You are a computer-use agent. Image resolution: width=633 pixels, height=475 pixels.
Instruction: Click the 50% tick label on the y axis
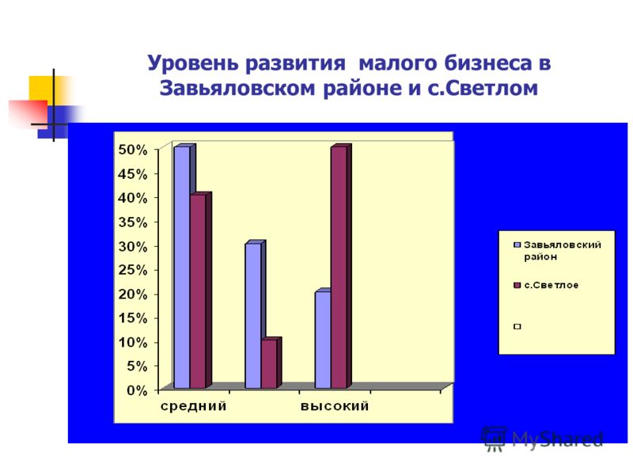[133, 150]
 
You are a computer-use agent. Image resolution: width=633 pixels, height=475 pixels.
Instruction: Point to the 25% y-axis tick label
[133, 270]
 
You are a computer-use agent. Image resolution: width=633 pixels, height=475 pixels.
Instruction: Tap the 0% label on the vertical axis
[137, 390]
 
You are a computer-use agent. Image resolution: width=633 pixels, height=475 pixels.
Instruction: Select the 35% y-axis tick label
[133, 222]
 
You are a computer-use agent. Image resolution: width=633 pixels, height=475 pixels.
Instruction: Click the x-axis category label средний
[193, 406]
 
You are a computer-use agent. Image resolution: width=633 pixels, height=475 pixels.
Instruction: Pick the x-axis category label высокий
[335, 406]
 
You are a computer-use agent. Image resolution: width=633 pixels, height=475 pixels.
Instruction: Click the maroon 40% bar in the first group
[198, 291]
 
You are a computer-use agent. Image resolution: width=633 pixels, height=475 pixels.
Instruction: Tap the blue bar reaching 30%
[253, 315]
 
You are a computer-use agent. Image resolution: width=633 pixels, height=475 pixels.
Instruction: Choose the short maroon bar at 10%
[269, 363]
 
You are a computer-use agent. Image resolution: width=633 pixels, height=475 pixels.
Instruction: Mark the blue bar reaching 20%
[323, 340]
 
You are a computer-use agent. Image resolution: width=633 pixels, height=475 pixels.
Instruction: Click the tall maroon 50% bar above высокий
[339, 267]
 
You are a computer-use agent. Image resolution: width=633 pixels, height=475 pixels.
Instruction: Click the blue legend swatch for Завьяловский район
[517, 245]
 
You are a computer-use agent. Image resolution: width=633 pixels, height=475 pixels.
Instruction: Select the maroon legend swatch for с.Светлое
[517, 285]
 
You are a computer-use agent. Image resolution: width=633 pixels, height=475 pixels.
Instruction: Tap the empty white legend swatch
[517, 326]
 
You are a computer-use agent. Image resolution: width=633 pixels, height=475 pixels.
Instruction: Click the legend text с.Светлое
[551, 285]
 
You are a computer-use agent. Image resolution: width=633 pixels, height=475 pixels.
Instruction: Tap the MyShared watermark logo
[542, 439]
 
